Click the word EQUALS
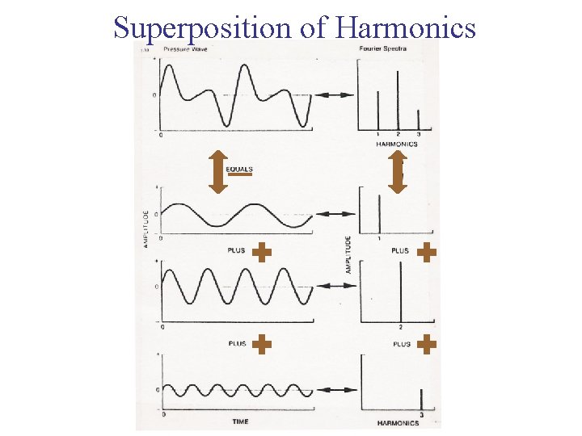pos(239,170)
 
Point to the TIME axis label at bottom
pos(240,421)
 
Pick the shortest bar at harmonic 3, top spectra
pos(418,119)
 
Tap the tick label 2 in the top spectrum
pos(399,133)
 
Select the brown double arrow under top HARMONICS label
pos(398,171)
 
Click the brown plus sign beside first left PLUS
pos(261,252)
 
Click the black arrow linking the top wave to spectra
pos(334,95)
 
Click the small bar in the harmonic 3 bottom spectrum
pos(421,400)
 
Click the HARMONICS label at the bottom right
pos(399,423)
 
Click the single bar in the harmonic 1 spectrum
pos(379,212)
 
